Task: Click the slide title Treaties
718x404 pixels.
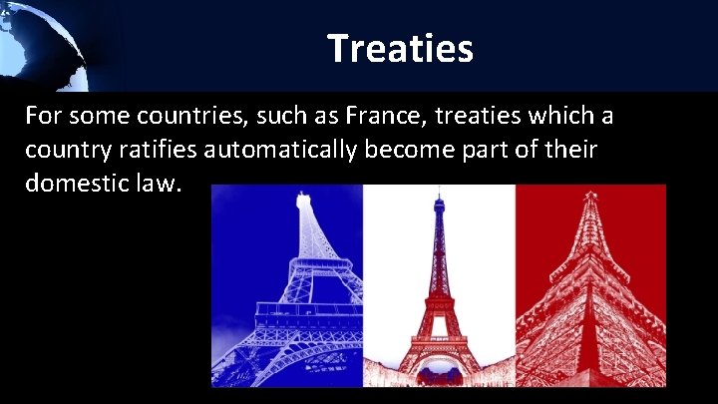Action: tap(399, 47)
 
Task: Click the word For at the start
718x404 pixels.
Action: tap(45, 117)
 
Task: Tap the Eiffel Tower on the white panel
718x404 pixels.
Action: tap(439, 289)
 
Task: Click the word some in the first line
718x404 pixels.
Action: tap(95, 117)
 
